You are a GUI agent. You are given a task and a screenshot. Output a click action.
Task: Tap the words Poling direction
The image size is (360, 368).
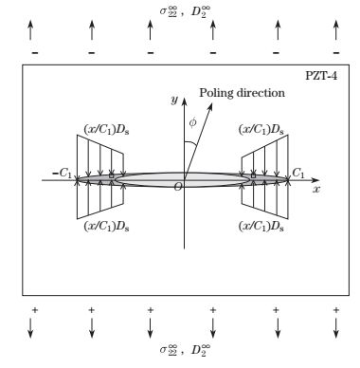click(238, 92)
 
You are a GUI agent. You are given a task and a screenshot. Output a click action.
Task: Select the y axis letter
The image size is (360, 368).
click(174, 99)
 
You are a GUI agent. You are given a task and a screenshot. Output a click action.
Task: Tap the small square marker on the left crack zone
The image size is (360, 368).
click(111, 176)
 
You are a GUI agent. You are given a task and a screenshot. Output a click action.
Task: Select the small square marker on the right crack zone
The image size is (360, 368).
click(253, 176)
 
